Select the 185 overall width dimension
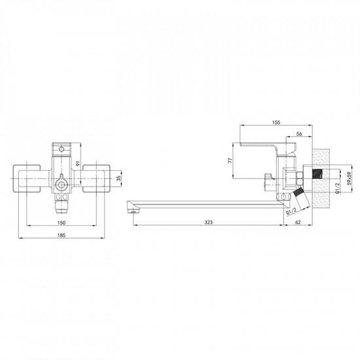coord(61,234)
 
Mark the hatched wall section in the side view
coord(320,177)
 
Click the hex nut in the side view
coord(291,177)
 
